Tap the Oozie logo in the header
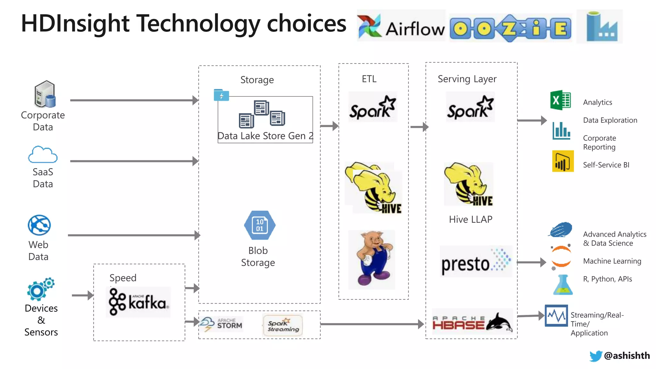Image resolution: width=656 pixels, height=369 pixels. (x=511, y=28)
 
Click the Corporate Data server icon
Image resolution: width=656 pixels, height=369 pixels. (x=45, y=94)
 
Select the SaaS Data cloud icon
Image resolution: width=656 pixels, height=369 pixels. (x=43, y=155)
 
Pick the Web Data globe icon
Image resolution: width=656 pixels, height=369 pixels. (x=39, y=225)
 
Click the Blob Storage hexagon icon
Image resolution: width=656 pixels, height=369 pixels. (x=259, y=225)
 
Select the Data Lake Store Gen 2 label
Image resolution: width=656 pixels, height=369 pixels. (x=265, y=136)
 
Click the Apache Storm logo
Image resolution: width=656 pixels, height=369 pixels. (x=222, y=324)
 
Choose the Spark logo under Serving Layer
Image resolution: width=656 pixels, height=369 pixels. (x=470, y=108)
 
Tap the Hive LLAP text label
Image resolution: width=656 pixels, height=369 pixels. (x=470, y=219)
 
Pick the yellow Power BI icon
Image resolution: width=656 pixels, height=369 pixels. (x=563, y=161)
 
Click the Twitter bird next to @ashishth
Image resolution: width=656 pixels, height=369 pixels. (x=595, y=356)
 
